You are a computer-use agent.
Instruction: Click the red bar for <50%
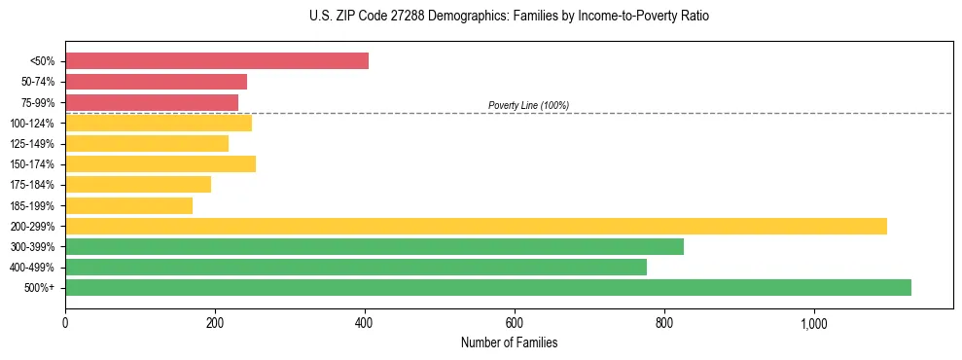tap(217, 61)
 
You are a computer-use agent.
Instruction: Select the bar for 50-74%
tap(156, 82)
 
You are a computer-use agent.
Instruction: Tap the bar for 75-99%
tap(152, 102)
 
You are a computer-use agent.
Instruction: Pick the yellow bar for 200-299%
tap(476, 226)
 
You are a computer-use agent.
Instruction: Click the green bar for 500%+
tap(488, 287)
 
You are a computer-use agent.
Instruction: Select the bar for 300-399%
tap(374, 246)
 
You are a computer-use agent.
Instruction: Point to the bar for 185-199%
tap(128, 205)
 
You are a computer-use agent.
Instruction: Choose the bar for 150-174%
tap(160, 163)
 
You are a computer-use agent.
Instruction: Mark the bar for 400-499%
tap(356, 267)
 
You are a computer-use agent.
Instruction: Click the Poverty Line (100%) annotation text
tap(528, 105)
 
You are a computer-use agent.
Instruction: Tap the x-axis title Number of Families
tap(509, 342)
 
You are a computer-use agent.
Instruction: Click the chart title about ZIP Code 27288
tap(509, 17)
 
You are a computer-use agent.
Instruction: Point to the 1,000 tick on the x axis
tap(813, 323)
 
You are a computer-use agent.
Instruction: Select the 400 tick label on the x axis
tap(365, 323)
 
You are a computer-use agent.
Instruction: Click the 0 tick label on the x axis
tap(65, 323)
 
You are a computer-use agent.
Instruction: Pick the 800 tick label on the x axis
tap(664, 323)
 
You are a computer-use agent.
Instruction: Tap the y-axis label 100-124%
tap(32, 124)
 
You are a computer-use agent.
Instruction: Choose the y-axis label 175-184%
tap(32, 185)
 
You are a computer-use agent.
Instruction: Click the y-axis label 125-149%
tap(32, 144)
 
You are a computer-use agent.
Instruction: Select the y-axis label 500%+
tap(40, 288)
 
